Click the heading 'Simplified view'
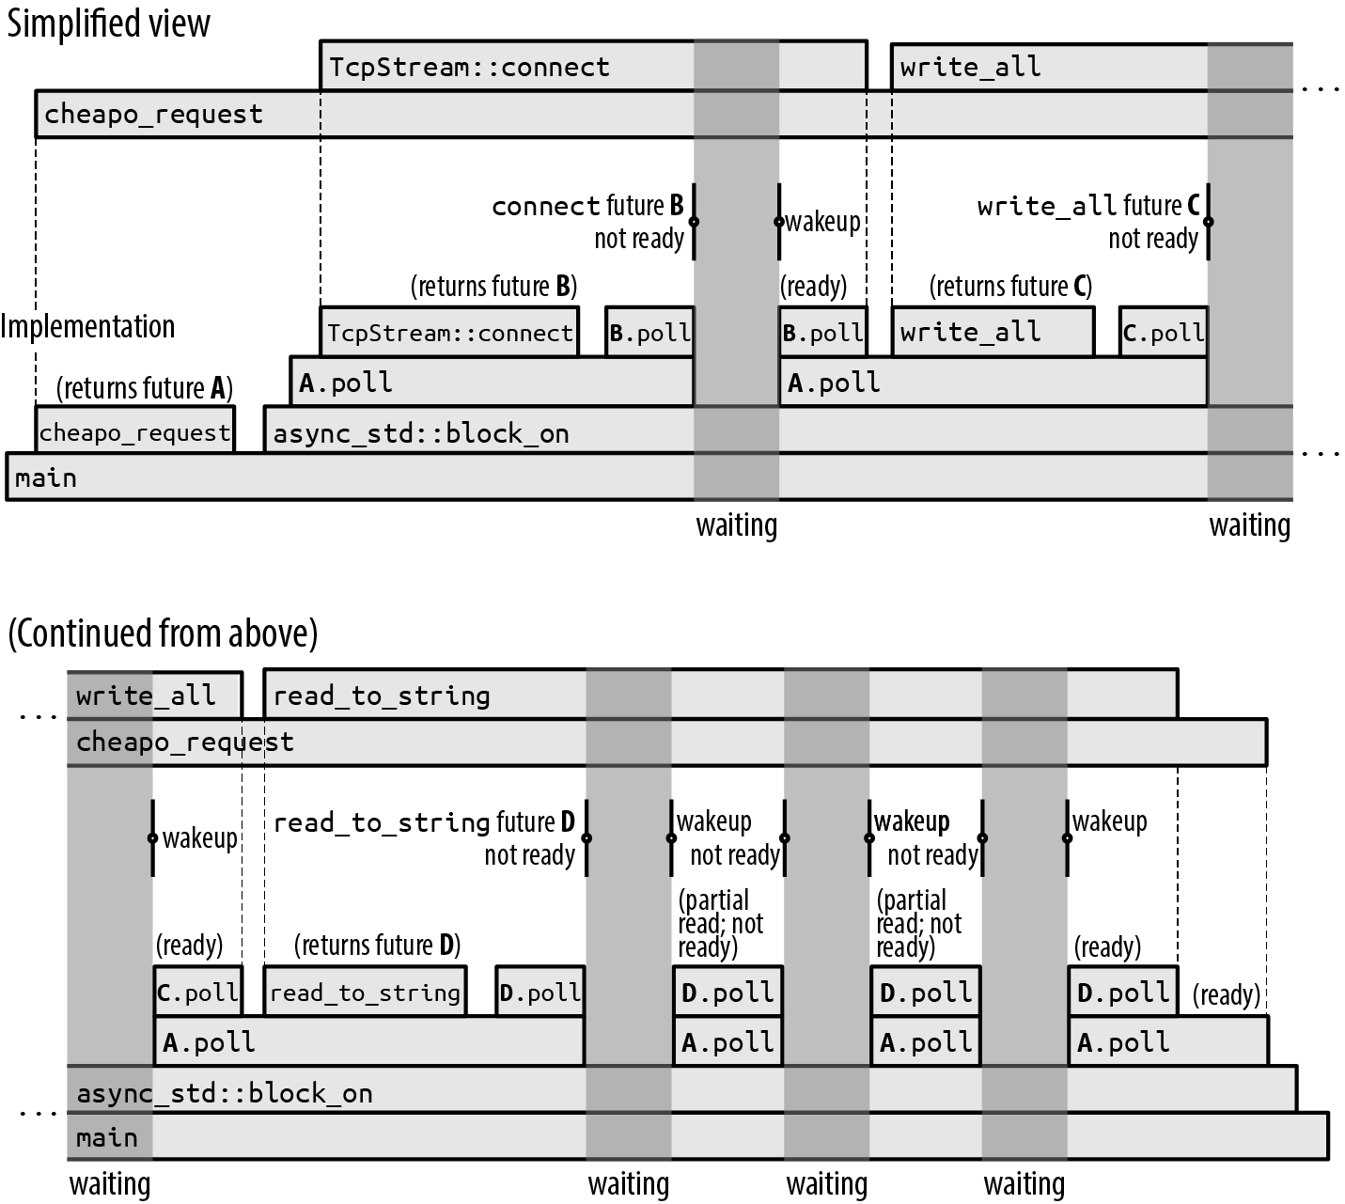coord(109,23)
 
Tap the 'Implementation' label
coord(87,326)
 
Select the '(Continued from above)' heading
coord(163,633)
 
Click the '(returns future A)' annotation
coord(144,388)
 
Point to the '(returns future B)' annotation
coord(493,286)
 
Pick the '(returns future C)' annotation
coord(1010,286)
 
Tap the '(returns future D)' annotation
coord(377,945)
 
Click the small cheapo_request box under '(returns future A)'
coord(134,432)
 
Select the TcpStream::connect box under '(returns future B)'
coord(449,333)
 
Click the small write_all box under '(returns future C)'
coord(992,333)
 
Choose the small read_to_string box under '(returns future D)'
coord(365,993)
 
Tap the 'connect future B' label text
coord(587,206)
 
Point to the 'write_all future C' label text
coord(1088,206)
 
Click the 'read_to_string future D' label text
coord(423,822)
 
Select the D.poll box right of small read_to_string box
coord(540,993)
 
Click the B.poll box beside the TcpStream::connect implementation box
coord(649,333)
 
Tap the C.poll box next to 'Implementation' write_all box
coord(1164,333)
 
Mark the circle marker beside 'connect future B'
coord(694,222)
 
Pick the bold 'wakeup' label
coord(912,821)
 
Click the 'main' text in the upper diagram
coord(46,477)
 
